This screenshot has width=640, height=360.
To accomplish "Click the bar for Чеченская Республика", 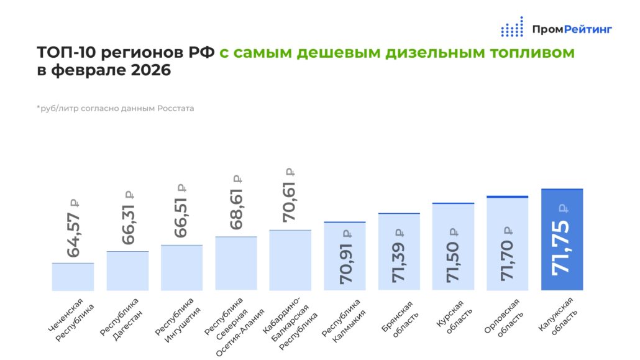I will click(x=73, y=277).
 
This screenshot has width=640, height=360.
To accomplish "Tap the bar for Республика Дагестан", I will click(x=127, y=271).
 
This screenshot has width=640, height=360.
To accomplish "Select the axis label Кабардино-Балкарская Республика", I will click(x=291, y=325).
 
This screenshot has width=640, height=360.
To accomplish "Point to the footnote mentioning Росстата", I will click(x=115, y=108).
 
